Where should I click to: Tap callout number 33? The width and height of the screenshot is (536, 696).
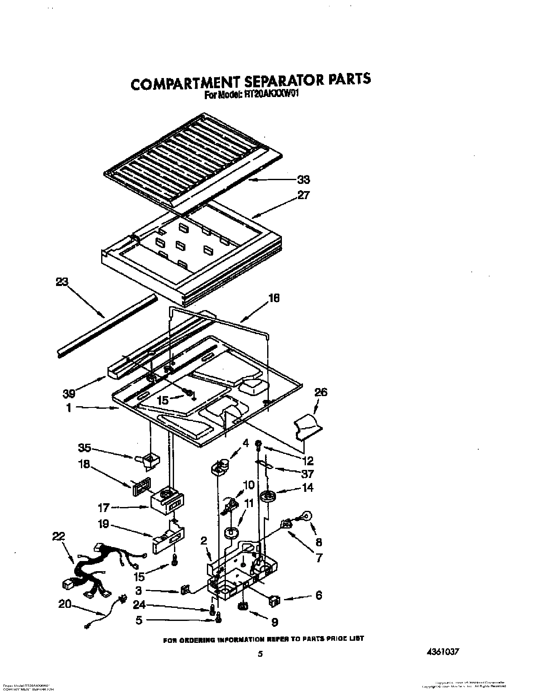click(x=303, y=180)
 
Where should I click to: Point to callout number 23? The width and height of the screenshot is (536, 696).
click(x=62, y=282)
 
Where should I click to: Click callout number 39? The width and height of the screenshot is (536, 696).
click(x=69, y=393)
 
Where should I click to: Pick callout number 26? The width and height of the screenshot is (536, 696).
click(x=321, y=392)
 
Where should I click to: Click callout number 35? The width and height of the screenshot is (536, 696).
click(x=85, y=448)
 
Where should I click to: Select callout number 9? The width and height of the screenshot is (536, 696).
click(x=275, y=622)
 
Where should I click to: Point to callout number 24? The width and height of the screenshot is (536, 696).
click(x=139, y=605)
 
